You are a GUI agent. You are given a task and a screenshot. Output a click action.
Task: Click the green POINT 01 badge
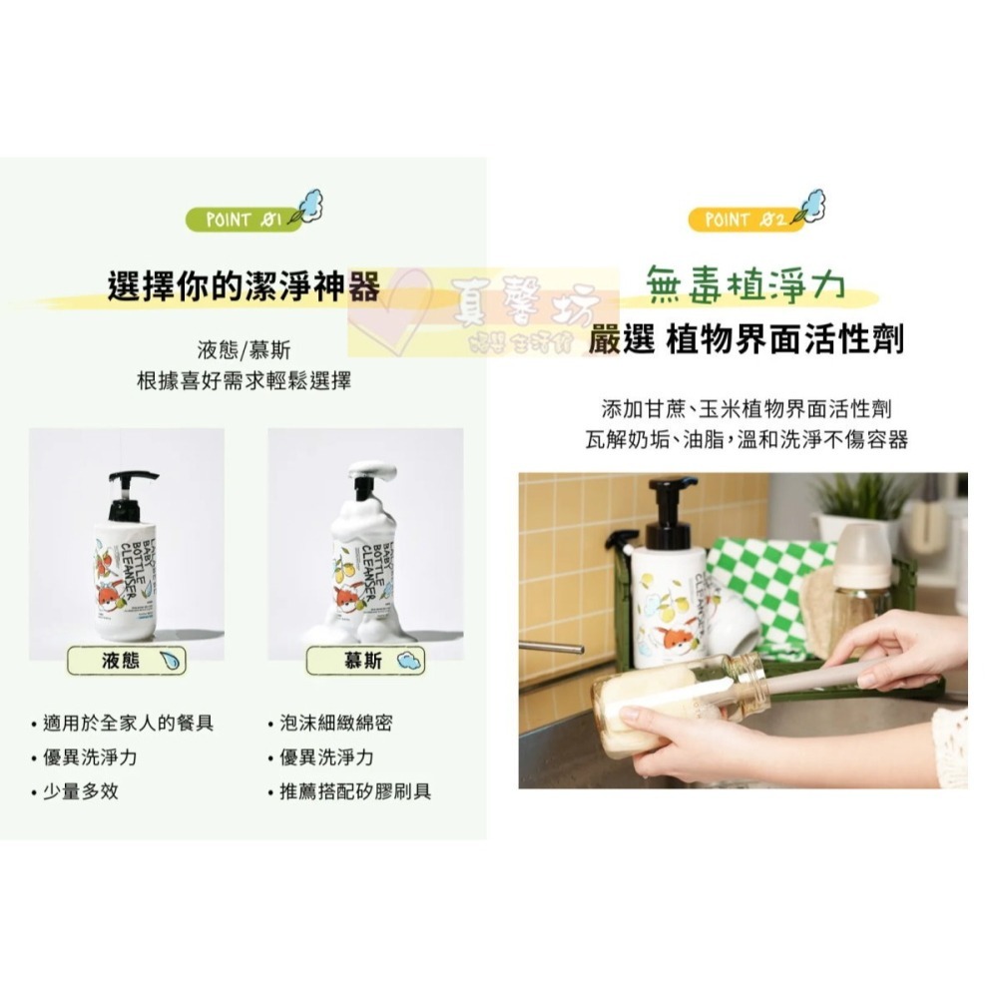[237, 219]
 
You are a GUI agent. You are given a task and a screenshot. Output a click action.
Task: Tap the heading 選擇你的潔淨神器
[244, 287]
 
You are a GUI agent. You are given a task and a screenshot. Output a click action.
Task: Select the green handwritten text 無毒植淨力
[745, 284]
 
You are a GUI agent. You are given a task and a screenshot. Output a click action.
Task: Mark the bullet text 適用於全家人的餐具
[128, 723]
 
